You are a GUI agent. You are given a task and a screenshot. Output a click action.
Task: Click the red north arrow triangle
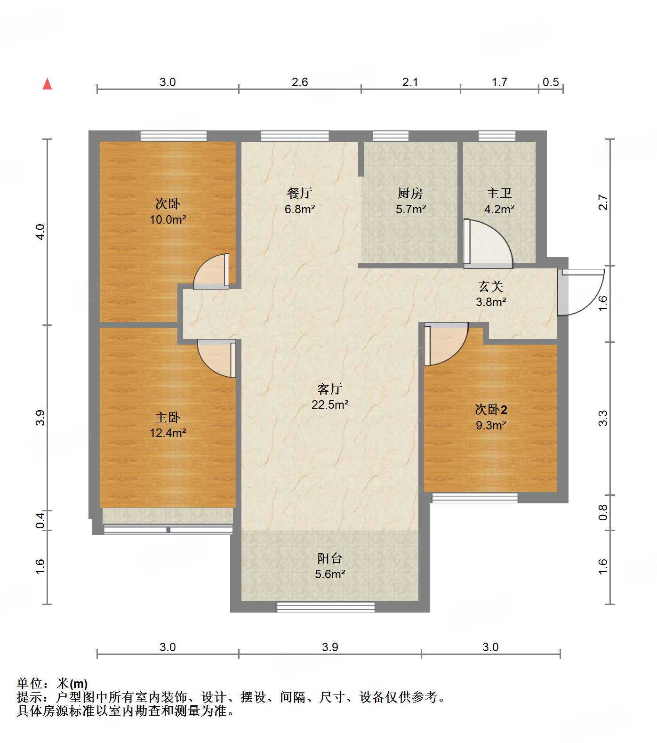point(47,84)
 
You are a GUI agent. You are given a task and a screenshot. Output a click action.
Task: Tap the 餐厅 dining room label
point(299,193)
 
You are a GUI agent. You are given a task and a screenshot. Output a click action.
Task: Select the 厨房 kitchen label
point(410,193)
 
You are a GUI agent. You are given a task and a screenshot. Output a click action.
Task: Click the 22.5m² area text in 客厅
point(329,404)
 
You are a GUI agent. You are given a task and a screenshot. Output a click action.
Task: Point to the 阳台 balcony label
point(329,558)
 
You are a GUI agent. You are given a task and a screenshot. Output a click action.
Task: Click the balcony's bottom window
point(325,607)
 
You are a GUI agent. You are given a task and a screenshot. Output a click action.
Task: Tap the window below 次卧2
point(475,498)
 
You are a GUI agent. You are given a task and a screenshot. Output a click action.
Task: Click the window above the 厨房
point(391,136)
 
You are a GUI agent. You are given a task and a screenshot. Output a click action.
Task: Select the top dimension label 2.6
point(299,82)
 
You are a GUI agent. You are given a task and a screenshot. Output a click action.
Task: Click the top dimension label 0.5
point(550,82)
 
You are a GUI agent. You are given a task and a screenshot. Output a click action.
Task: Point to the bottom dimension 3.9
point(330,647)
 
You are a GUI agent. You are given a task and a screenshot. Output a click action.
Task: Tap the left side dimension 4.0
point(40,232)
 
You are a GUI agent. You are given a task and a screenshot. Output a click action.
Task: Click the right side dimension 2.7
point(603,202)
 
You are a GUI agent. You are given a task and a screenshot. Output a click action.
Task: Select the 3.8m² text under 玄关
point(490,302)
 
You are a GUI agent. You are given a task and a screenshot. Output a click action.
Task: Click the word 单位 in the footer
point(29,684)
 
